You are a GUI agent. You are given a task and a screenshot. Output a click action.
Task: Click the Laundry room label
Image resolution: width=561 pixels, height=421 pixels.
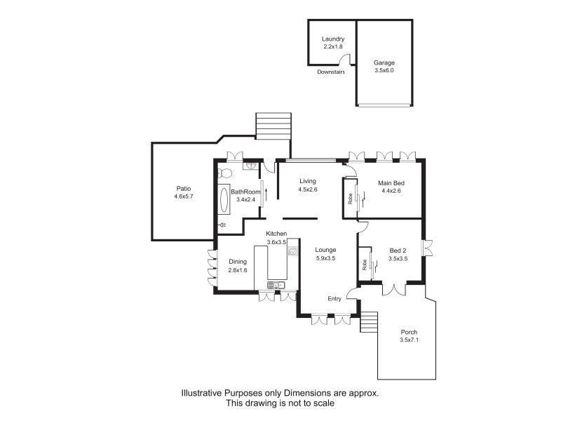(333, 39)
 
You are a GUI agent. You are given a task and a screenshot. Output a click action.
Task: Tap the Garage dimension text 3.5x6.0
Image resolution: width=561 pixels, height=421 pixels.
(384, 71)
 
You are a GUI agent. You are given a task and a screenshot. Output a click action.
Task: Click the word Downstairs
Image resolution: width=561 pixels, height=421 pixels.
(331, 72)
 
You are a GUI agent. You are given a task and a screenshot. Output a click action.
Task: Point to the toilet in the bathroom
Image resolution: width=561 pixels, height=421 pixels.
(224, 172)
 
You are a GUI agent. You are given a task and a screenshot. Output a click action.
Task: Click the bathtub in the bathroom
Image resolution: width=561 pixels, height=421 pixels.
(224, 201)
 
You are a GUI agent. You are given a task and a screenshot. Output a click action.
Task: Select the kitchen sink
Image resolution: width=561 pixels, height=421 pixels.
(273, 285)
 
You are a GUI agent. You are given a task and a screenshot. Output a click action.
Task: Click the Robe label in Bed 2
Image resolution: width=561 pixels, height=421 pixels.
(365, 265)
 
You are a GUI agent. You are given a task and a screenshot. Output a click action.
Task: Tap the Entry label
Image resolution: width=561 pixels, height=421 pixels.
(334, 299)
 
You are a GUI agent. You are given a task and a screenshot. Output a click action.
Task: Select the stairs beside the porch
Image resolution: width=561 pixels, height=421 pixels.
(368, 323)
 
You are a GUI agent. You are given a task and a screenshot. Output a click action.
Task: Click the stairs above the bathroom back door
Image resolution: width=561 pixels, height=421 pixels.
(273, 127)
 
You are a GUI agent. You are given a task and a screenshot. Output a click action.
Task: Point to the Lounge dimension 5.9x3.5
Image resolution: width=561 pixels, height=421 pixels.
(325, 258)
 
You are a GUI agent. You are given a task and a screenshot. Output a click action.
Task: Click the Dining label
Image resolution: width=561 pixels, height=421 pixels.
(238, 262)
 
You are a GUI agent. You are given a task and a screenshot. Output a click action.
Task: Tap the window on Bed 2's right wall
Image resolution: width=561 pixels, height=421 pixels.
(427, 248)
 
